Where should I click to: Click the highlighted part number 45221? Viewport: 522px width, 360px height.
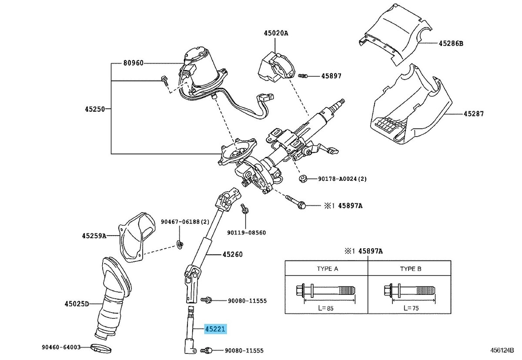point(216,329)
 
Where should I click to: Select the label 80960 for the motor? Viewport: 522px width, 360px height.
point(133,63)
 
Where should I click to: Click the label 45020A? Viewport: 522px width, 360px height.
point(275,33)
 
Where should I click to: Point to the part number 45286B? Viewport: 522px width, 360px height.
point(451,43)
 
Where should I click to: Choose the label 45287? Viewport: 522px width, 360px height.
point(473,114)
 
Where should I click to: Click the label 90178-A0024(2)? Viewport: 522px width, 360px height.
point(342,179)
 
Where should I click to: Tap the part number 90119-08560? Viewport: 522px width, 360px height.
point(247,233)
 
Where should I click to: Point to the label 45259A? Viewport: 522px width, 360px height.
point(94,236)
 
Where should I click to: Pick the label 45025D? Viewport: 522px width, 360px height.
point(77,303)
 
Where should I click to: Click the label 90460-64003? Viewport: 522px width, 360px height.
point(61,347)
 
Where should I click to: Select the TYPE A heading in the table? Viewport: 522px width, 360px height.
point(326,269)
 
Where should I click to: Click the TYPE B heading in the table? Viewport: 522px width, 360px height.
point(410,269)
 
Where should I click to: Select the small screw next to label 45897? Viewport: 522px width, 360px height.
point(303,76)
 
